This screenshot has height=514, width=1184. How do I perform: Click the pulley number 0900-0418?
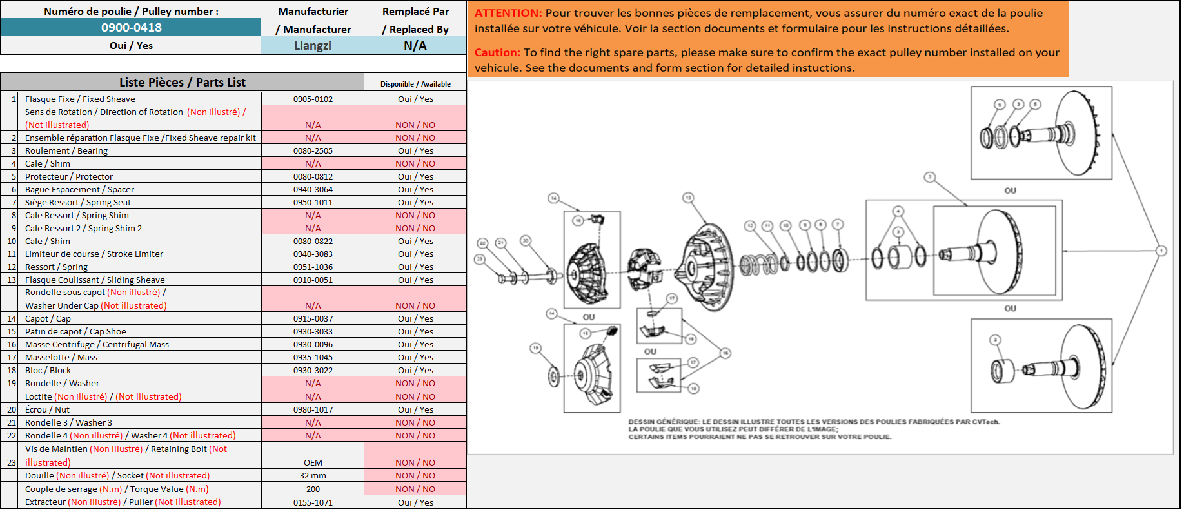pyautogui.click(x=132, y=28)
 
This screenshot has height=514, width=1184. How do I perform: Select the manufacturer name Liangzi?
pyautogui.click(x=313, y=46)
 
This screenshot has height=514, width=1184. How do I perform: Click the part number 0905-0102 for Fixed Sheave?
pyautogui.click(x=313, y=99)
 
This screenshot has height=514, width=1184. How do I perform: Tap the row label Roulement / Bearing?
pyautogui.click(x=66, y=151)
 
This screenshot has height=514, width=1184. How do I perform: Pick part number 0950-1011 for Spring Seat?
pyautogui.click(x=313, y=203)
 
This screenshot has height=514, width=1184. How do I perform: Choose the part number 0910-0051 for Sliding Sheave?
pyautogui.click(x=313, y=280)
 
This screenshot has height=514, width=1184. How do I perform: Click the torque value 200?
pyautogui.click(x=313, y=489)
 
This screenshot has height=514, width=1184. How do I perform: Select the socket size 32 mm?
pyautogui.click(x=313, y=476)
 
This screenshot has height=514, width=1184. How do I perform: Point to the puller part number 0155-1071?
pyautogui.click(x=313, y=503)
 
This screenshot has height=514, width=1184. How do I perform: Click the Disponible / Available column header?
pyautogui.click(x=415, y=84)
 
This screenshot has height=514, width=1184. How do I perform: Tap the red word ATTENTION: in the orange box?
pyautogui.click(x=508, y=13)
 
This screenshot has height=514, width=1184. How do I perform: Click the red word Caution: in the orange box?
pyautogui.click(x=497, y=52)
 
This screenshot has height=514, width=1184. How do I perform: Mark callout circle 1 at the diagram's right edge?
pyautogui.click(x=1161, y=251)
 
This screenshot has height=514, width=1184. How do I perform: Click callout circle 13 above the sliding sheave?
pyautogui.click(x=689, y=198)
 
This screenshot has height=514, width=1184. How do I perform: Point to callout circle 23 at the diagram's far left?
pyautogui.click(x=479, y=259)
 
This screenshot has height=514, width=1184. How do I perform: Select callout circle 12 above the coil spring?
pyautogui.click(x=750, y=226)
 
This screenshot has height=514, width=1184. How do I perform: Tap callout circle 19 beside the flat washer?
pyautogui.click(x=535, y=348)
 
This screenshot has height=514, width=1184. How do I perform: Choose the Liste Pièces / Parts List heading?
pyautogui.click(x=183, y=83)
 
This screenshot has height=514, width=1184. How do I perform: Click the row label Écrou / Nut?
pyautogui.click(x=47, y=410)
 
